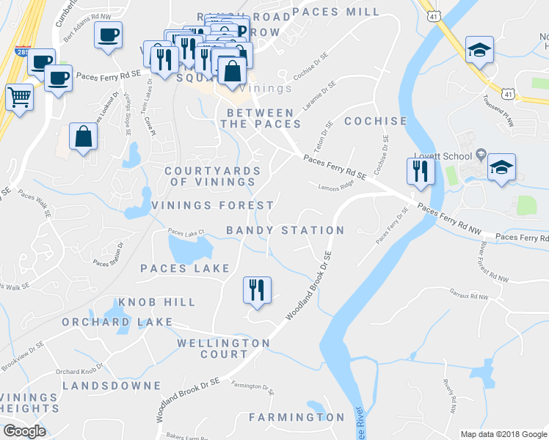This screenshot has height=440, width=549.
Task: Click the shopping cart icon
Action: click(x=19, y=96)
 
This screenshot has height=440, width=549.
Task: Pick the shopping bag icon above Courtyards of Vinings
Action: click(x=84, y=136)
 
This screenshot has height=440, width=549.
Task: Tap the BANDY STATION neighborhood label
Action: click(x=285, y=230)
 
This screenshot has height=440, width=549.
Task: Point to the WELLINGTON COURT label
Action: click(x=224, y=348)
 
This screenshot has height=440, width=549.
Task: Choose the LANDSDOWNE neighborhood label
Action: click(x=112, y=386)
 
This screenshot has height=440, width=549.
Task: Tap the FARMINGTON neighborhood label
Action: click(x=297, y=417)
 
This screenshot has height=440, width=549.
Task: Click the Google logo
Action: click(x=24, y=431)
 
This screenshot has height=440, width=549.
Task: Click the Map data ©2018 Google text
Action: click(x=503, y=434)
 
